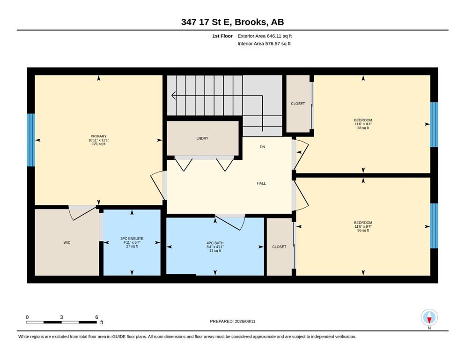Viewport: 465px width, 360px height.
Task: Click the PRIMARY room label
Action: (98, 136)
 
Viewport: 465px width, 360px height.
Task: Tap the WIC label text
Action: (67, 242)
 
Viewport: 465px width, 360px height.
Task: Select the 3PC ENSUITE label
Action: (132, 238)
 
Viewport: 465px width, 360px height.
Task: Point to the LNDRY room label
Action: (202, 138)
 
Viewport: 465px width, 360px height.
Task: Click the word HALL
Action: (261, 183)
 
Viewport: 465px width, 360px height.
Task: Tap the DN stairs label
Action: (262, 147)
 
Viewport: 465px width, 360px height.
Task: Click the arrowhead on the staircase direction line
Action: (174, 96)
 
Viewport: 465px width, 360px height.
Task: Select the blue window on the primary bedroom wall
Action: (31, 140)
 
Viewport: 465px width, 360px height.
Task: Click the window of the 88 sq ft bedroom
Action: (434, 125)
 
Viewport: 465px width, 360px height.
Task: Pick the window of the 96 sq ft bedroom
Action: (434, 226)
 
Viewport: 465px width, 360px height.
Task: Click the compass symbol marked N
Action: (429, 317)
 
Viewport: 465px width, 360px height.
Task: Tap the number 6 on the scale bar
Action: (96, 317)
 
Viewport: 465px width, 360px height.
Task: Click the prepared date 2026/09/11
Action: (245, 321)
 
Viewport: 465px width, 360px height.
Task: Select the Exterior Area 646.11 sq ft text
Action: (265, 36)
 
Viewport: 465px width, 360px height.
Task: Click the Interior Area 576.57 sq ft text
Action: (264, 44)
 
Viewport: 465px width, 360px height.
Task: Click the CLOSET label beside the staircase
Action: (298, 104)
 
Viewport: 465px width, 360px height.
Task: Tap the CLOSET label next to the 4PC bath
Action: (280, 247)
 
